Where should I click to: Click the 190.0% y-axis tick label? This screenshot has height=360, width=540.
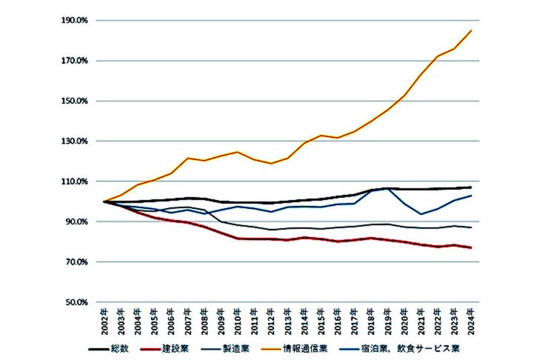coord(75,20)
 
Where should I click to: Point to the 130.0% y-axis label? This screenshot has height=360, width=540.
coord(75,141)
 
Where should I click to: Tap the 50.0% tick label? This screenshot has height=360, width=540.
coord(77,303)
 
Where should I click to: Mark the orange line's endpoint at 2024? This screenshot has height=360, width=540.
coord(471,30)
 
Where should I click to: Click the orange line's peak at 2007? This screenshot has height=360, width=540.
coord(188,158)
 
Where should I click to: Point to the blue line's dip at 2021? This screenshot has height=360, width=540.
coord(421,214)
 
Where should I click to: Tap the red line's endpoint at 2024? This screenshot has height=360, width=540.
coord(470,248)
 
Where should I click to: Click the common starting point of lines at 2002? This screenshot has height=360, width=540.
coord(104,201)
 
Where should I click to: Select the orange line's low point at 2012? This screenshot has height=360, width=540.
coord(271,163)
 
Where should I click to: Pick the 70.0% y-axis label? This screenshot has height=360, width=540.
coord(77,262)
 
